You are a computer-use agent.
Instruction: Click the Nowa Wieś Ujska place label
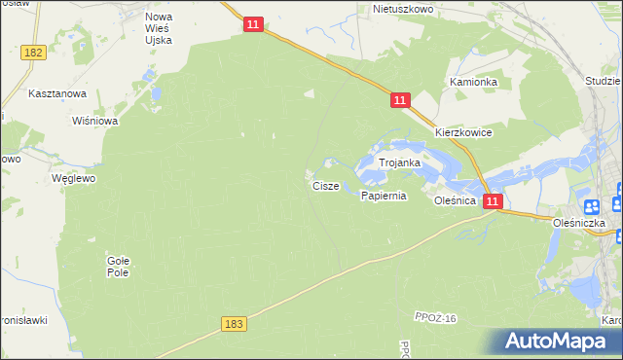[x=158, y=28]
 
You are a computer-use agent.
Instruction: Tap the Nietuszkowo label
[x=403, y=9]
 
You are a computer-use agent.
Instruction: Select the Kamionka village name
[x=473, y=83]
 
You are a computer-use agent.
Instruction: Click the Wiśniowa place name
[x=95, y=122]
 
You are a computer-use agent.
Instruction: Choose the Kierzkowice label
[x=463, y=132]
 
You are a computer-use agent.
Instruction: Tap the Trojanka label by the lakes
[x=399, y=163]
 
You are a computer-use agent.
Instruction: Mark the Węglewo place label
[x=72, y=179]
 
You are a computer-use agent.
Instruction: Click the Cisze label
[x=325, y=185]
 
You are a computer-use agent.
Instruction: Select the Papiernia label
[x=383, y=196]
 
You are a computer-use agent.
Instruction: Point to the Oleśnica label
[x=455, y=200]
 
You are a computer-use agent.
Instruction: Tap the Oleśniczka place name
[x=579, y=223]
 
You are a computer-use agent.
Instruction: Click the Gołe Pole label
[x=118, y=266]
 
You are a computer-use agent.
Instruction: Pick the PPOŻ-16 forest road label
[x=435, y=318]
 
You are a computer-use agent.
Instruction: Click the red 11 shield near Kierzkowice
[x=400, y=100]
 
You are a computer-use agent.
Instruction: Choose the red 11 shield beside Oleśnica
[x=493, y=201]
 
